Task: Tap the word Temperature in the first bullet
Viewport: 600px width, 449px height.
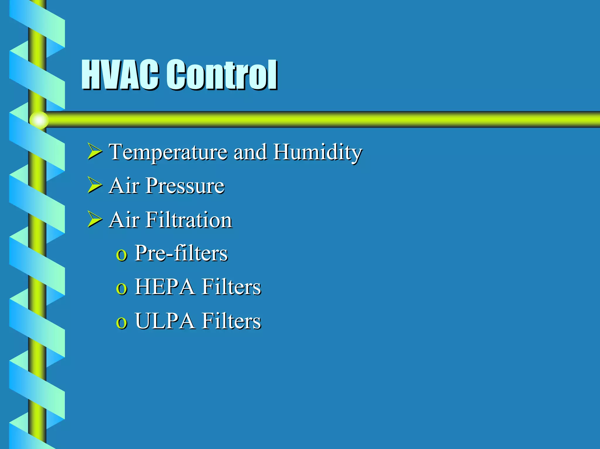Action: click(168, 152)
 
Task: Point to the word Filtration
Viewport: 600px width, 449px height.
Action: click(189, 220)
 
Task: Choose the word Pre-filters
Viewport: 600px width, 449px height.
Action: click(181, 253)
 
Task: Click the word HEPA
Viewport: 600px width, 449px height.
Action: click(165, 287)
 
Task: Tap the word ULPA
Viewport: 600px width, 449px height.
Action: click(165, 321)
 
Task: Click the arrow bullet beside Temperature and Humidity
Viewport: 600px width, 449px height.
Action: click(94, 152)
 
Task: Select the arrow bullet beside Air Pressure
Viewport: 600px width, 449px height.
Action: click(94, 186)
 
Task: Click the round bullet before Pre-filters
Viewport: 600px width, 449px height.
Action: click(121, 255)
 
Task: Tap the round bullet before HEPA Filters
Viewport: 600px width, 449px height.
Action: click(121, 289)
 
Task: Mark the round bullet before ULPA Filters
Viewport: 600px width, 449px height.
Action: click(121, 323)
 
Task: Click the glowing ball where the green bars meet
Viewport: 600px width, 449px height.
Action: click(39, 120)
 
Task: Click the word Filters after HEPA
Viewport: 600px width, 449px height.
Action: click(231, 287)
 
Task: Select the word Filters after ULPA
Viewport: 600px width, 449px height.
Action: click(231, 321)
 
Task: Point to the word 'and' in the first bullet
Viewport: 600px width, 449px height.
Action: click(250, 152)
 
